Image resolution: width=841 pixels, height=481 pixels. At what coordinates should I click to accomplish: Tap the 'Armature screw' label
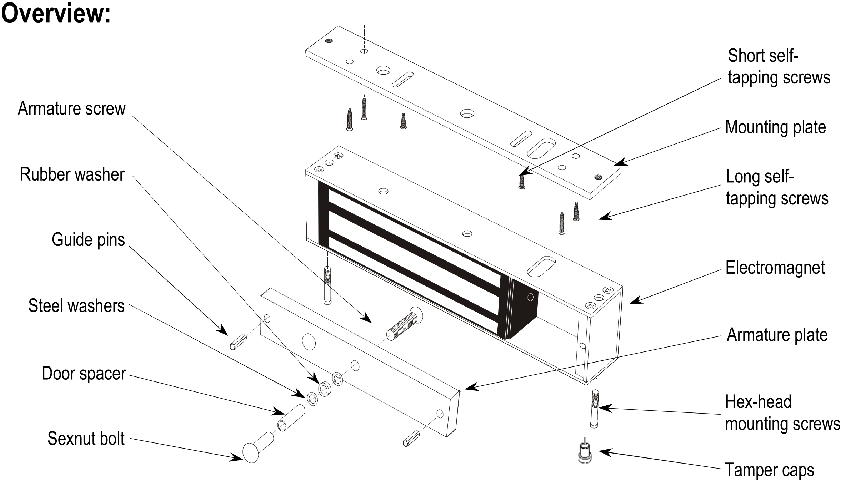point(72,108)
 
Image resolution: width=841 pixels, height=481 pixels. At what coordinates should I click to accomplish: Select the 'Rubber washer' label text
point(72,174)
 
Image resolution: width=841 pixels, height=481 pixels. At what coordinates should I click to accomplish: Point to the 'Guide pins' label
point(88,239)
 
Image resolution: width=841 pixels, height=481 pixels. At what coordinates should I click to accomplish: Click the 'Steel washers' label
point(76,306)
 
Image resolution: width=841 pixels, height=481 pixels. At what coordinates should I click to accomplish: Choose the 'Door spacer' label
point(84,374)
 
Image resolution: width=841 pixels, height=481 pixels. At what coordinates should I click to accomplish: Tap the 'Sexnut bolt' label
point(86,439)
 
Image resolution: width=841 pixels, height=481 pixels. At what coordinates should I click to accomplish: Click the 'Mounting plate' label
point(775,127)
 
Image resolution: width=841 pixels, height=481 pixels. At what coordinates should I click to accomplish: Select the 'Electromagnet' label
point(775,268)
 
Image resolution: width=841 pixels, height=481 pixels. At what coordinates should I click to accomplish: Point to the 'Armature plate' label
point(777,335)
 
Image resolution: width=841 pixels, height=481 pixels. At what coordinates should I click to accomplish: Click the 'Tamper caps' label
point(769,470)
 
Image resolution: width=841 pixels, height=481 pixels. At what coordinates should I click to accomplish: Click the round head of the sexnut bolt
point(251,452)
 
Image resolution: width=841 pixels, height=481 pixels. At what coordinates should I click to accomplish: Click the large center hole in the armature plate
point(309,341)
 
